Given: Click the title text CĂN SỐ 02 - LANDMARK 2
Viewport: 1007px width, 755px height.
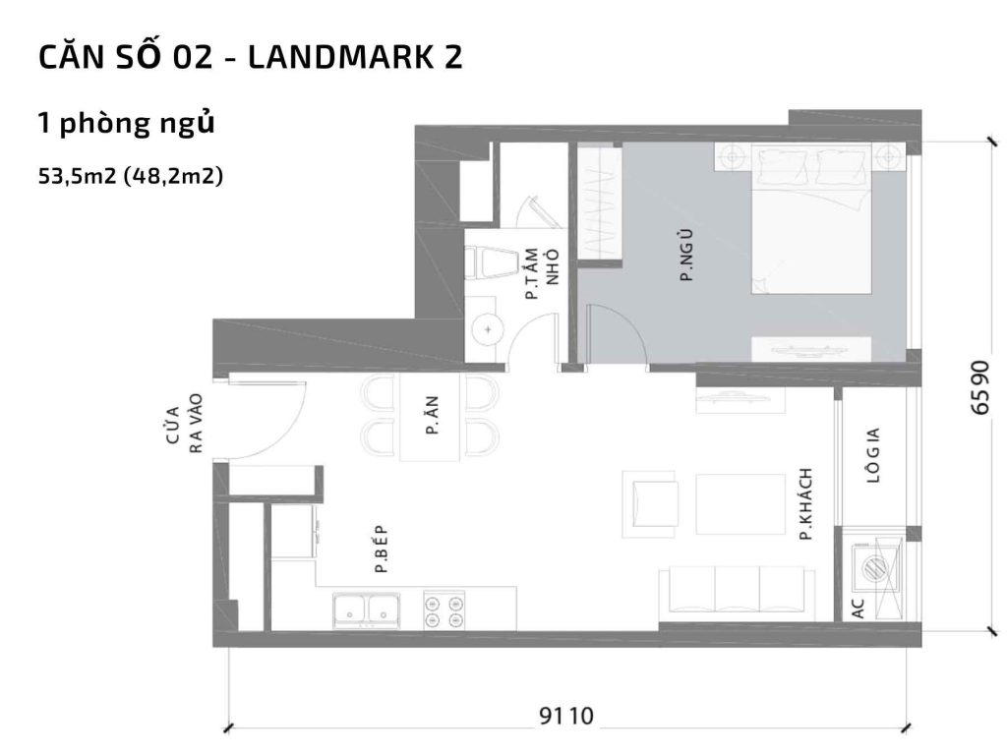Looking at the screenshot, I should click(x=250, y=58).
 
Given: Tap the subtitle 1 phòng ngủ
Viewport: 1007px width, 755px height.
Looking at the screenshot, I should click(x=126, y=124).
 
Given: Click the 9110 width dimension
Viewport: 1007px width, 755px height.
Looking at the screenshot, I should click(x=567, y=715).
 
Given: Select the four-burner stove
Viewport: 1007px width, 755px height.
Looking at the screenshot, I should click(x=444, y=610).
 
